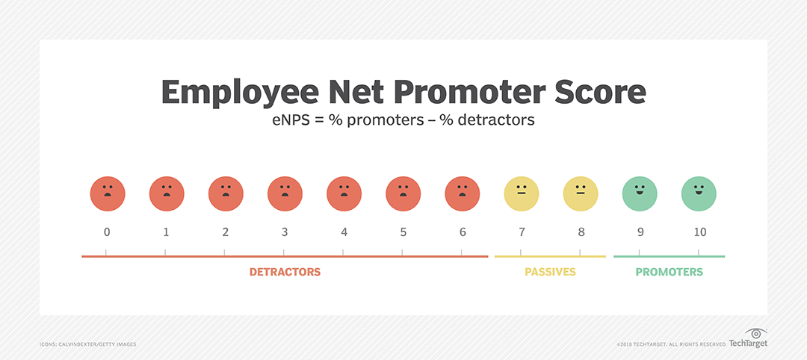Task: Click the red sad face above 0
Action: (x=108, y=194)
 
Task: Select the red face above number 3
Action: (x=285, y=194)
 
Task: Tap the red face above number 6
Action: (x=463, y=194)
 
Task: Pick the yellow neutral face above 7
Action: (x=522, y=194)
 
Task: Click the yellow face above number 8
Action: (x=581, y=194)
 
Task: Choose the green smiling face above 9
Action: (x=640, y=194)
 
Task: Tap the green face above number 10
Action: (x=699, y=194)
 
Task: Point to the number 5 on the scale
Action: (x=403, y=232)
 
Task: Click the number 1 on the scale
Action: (x=166, y=232)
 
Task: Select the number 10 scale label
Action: (x=700, y=232)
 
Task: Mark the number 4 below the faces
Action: (x=344, y=232)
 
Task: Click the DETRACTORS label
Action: (x=285, y=272)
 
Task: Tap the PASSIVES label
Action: (x=550, y=272)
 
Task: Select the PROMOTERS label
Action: (x=669, y=272)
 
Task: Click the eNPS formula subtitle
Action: (x=403, y=120)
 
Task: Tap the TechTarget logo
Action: (x=748, y=338)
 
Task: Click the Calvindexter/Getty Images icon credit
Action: (x=88, y=344)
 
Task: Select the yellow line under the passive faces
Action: (x=550, y=256)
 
